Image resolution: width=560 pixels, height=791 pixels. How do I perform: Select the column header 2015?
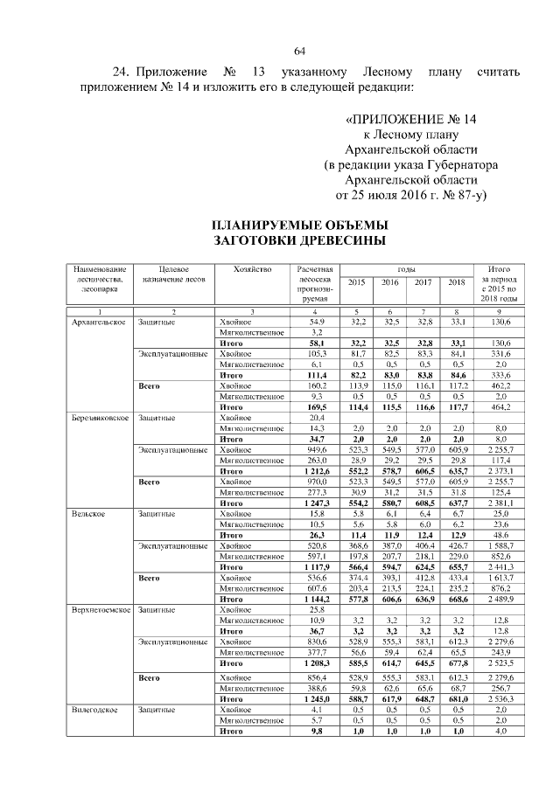coord(356,281)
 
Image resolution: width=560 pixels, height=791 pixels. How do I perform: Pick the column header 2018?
coord(456,281)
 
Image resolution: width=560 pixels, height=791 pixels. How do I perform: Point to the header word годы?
coord(406,269)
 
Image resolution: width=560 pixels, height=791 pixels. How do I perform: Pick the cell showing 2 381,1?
coord(499,503)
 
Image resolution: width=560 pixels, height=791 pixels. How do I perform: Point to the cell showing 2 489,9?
coord(499,600)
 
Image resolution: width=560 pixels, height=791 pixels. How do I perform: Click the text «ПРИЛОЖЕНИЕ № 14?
coord(411,118)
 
